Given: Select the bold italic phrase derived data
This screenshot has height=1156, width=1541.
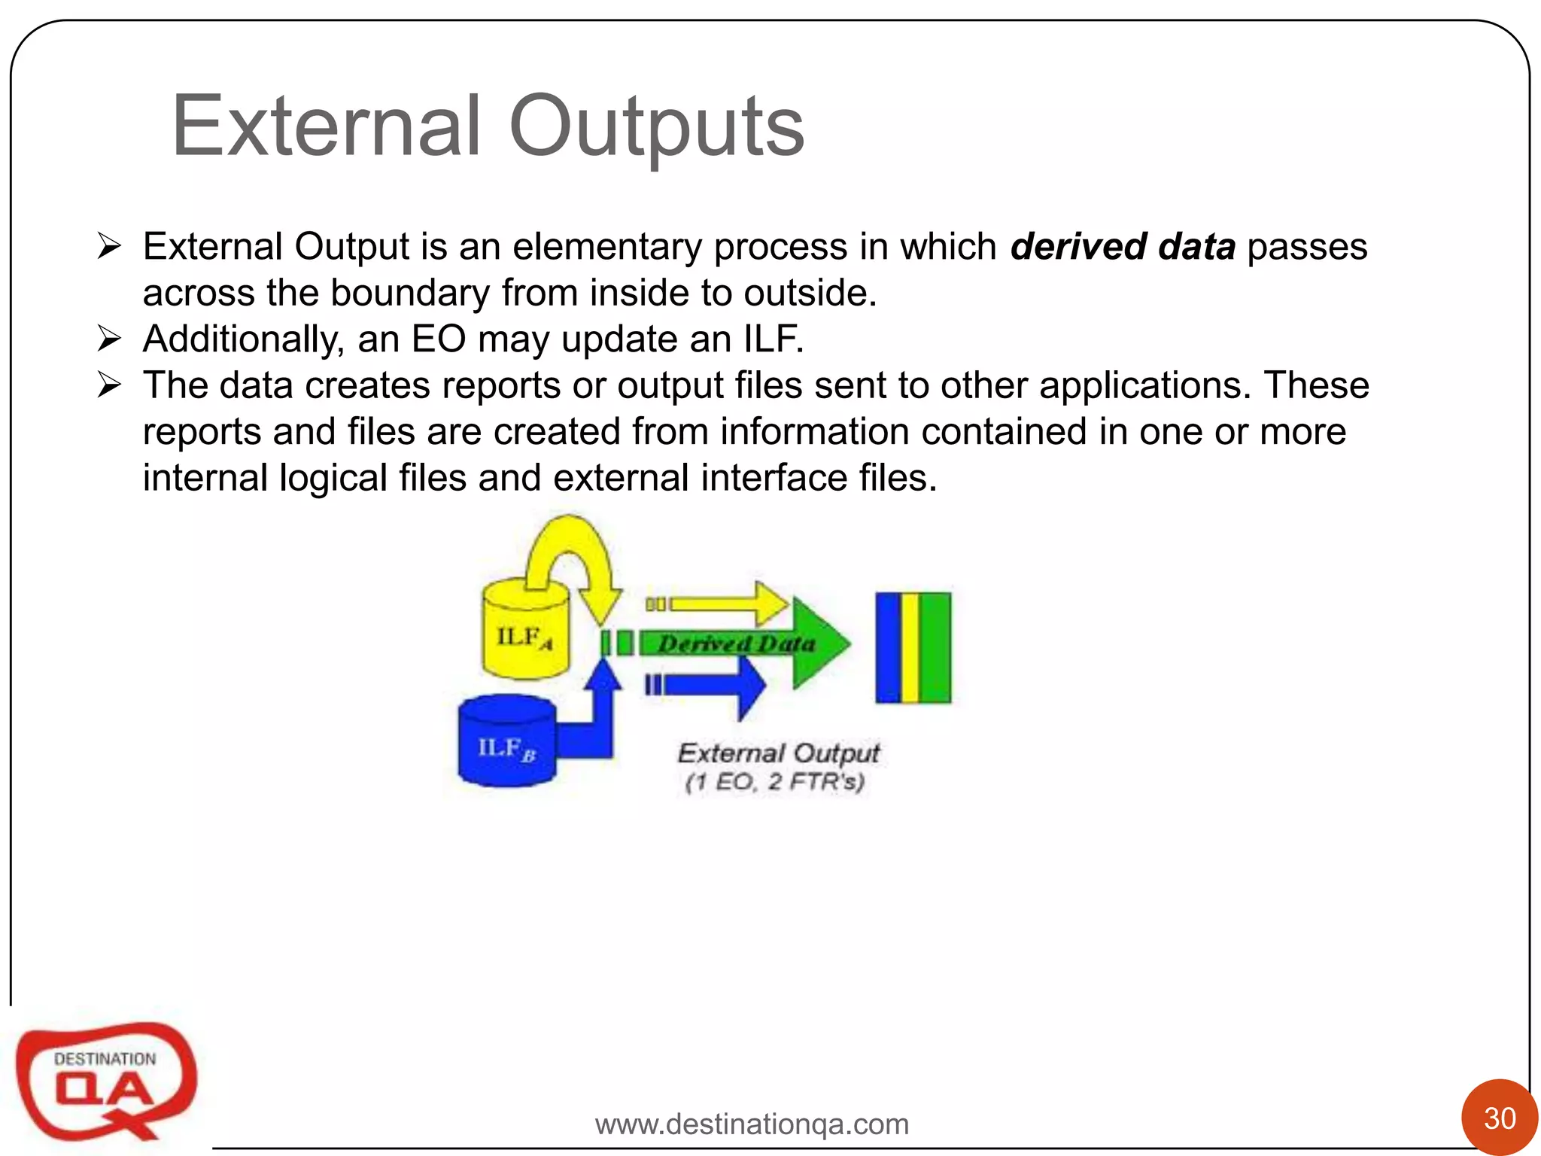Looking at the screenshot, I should point(1122,247).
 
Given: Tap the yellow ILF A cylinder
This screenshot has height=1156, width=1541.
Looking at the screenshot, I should point(524,636).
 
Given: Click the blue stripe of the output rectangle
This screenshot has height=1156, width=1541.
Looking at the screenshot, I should point(888,648).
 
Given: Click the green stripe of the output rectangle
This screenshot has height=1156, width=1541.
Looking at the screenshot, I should point(935,648).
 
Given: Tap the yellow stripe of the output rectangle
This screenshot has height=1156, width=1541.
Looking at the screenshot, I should point(910,648).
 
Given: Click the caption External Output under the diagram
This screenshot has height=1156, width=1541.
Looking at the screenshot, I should point(778,753).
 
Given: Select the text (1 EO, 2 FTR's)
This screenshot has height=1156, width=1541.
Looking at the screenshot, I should point(774,782).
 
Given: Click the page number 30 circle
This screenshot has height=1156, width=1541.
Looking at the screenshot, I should point(1499,1117).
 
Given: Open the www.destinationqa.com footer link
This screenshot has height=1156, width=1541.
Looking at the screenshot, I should point(752,1124).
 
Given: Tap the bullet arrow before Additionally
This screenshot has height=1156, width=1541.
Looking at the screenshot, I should point(109,339).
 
